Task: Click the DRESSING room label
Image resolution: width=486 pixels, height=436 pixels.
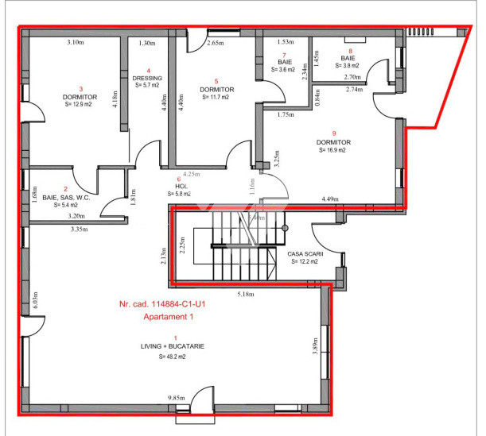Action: (x=147, y=78)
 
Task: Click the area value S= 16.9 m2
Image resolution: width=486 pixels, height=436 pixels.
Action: (x=334, y=149)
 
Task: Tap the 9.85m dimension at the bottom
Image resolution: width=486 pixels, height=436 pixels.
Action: (x=176, y=398)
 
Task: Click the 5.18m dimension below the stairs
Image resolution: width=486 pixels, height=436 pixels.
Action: (x=247, y=293)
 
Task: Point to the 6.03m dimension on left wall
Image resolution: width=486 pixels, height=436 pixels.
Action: (x=35, y=299)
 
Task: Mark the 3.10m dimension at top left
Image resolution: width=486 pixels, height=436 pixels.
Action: (x=76, y=41)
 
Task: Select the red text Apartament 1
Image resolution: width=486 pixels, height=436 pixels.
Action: (x=168, y=316)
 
